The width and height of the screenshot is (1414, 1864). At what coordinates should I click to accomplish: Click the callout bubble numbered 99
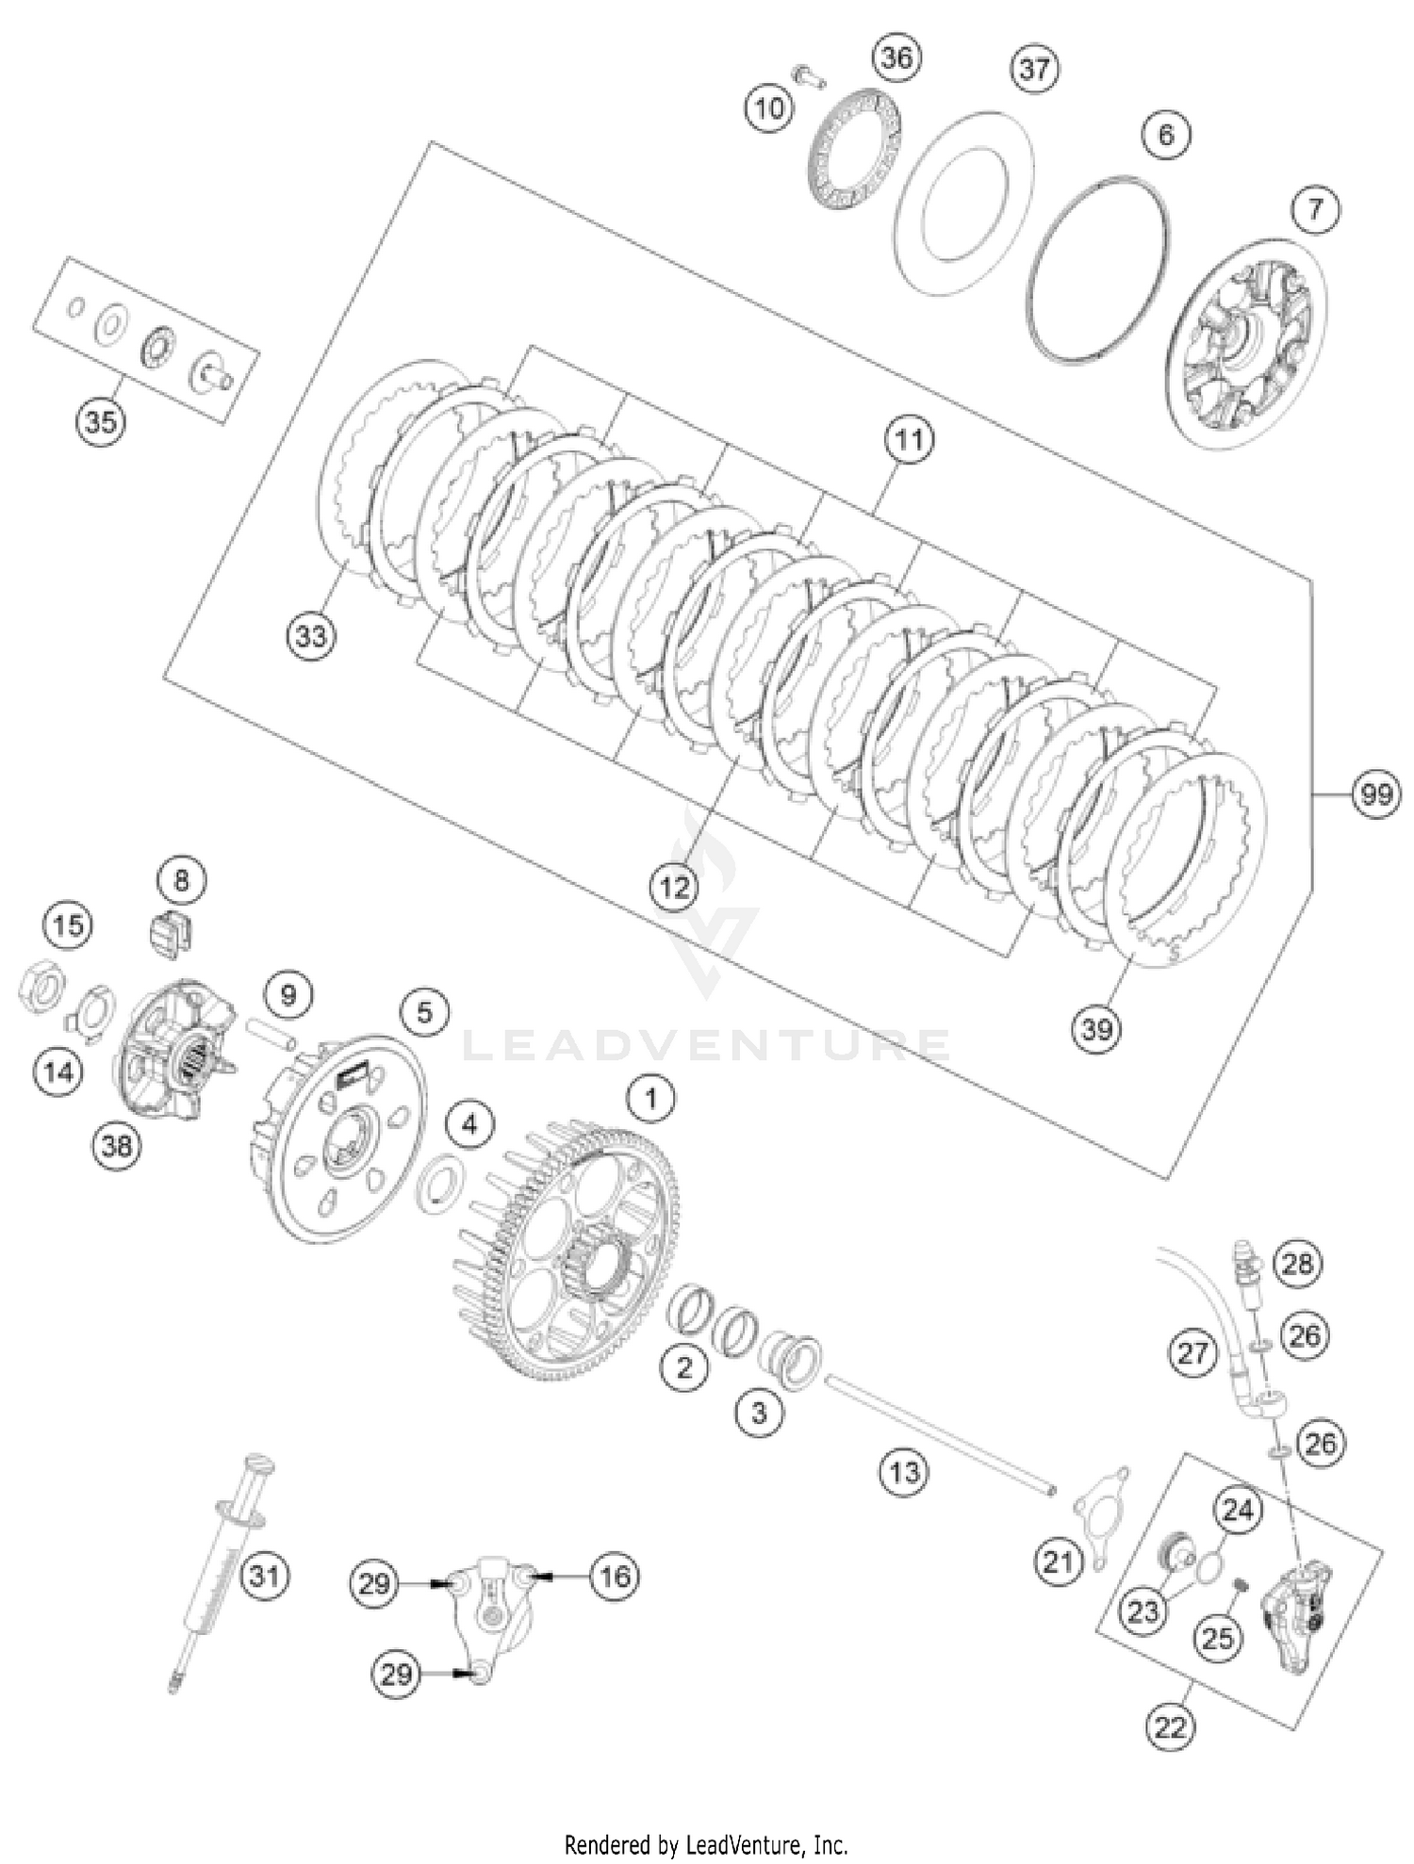[x=1376, y=793]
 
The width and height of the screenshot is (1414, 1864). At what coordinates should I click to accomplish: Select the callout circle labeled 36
[x=896, y=58]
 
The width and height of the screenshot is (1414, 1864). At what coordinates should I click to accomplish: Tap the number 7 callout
[x=1315, y=208]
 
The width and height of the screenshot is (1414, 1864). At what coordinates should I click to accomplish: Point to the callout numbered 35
[x=101, y=420]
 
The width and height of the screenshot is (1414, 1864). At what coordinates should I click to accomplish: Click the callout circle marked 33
[x=311, y=636]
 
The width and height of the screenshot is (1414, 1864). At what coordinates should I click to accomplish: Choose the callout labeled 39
[x=1096, y=1028]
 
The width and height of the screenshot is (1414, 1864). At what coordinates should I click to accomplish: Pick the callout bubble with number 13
[x=904, y=1471]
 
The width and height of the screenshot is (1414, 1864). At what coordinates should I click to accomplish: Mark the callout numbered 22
[x=1169, y=1726]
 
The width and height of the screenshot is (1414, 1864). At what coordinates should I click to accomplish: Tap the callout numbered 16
[x=615, y=1575]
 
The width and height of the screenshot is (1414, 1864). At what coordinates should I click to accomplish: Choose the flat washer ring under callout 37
[x=962, y=204]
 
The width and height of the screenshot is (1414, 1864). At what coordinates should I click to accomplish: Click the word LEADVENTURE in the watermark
[x=707, y=1046]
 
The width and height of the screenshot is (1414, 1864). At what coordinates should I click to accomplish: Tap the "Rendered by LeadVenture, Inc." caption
[x=706, y=1843]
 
